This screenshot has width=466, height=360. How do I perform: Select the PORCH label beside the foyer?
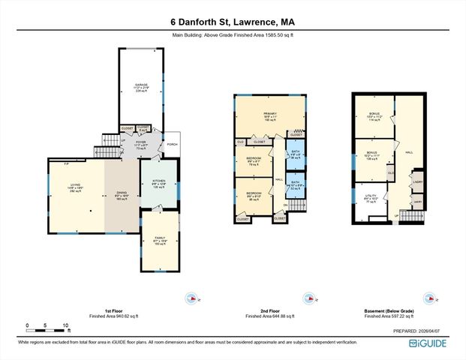click(x=172, y=145)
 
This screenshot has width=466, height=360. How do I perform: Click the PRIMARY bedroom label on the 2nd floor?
click(x=271, y=114)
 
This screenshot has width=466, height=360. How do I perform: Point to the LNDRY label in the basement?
click(x=417, y=181)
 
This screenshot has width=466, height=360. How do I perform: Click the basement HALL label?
click(x=410, y=151)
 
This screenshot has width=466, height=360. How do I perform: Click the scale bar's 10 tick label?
click(x=67, y=325)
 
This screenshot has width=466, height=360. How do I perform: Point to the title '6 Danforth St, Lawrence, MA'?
click(x=233, y=22)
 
